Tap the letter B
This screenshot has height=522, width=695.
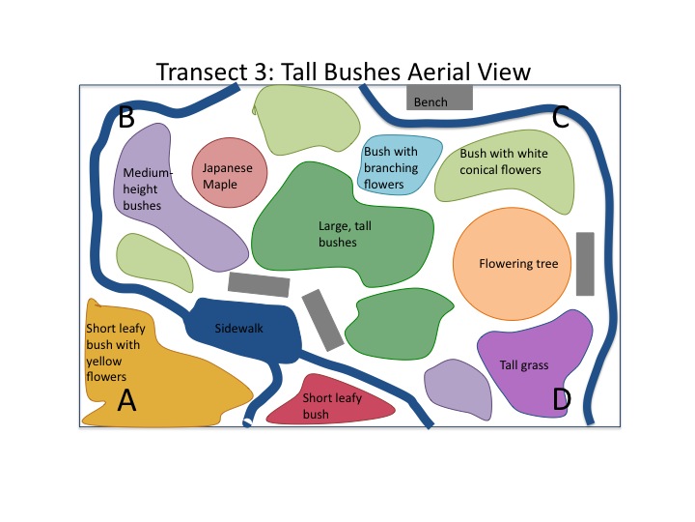click(x=125, y=118)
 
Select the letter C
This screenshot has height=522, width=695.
click(x=561, y=118)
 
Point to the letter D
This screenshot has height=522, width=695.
click(x=561, y=398)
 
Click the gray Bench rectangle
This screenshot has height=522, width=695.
click(x=439, y=98)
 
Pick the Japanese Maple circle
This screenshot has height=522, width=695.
click(x=228, y=174)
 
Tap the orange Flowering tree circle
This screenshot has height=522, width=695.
click(x=512, y=263)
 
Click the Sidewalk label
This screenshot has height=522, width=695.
click(x=238, y=329)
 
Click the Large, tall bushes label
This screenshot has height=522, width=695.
click(x=338, y=234)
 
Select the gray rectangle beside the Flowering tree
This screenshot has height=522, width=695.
click(x=585, y=263)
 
